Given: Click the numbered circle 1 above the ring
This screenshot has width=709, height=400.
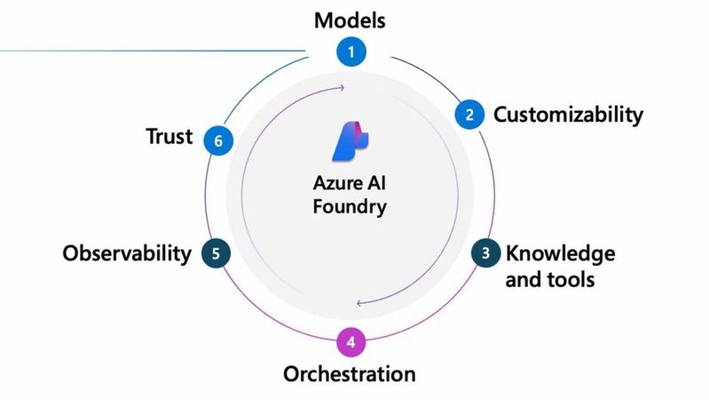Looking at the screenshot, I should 351,52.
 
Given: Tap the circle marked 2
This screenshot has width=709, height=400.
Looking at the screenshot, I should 469,115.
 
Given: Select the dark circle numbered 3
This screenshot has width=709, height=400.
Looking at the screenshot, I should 485,253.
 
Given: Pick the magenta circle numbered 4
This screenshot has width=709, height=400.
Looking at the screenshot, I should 351,341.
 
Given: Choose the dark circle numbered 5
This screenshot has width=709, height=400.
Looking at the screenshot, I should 216,253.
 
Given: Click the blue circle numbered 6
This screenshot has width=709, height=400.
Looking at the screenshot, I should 218,140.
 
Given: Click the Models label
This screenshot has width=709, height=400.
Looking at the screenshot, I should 351,20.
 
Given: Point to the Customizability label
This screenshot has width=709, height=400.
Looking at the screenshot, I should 568,115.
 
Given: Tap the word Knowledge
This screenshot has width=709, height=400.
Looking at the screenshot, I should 560,253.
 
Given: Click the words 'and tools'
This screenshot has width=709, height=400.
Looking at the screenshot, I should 549,279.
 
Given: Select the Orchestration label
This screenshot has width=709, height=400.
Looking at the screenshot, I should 349,373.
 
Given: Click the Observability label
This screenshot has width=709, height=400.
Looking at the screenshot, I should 127,253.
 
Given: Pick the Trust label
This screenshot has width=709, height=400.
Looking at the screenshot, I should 169,138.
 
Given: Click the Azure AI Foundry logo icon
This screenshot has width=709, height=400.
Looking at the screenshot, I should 351,140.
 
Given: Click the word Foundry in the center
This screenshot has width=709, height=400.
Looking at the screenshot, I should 351,208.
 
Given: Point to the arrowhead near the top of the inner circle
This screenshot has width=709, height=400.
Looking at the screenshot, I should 342,88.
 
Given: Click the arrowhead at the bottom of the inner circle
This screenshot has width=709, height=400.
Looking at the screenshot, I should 359,303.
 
